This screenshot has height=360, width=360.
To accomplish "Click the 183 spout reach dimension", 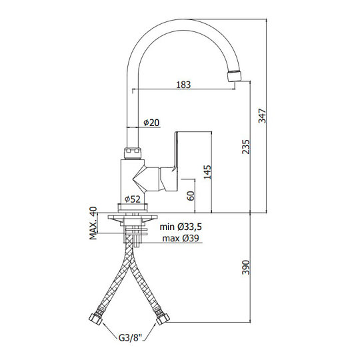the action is point(183,85).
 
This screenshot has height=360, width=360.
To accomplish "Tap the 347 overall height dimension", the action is point(262,116).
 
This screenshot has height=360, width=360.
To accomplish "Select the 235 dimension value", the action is point(246,147).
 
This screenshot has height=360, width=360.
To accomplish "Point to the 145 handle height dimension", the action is point(207,172).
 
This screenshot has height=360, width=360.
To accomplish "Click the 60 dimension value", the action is point(191,196).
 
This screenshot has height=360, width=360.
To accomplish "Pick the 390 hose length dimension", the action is point(246,267).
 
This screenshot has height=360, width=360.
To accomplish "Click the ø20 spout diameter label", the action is point(151,123).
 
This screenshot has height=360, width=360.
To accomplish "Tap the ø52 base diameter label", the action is point(133,199).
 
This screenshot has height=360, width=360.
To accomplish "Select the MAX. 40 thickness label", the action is point(93,223).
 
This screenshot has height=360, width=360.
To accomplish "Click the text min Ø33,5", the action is point(181,227).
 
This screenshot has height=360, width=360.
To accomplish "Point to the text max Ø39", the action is point(181,238).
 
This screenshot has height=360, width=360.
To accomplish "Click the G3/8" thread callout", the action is point(130,338).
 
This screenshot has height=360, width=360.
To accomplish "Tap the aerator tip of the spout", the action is point(234,76).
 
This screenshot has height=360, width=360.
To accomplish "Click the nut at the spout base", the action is point(133,153).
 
